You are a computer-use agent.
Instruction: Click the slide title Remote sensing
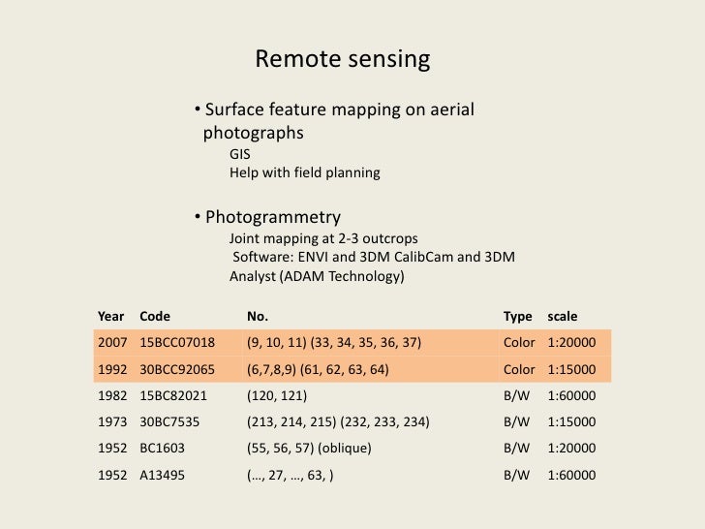click(x=342, y=60)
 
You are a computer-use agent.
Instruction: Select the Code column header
click(x=155, y=316)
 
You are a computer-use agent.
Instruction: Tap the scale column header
click(x=562, y=316)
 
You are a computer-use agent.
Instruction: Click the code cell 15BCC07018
click(x=177, y=342)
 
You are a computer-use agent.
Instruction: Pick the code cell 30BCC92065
click(x=177, y=369)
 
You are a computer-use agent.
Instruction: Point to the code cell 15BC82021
click(x=174, y=395)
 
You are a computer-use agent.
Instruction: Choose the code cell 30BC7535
click(x=169, y=422)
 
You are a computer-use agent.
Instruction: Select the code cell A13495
click(x=162, y=475)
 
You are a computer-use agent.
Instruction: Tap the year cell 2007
click(x=112, y=342)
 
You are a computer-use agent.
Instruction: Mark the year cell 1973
click(x=112, y=422)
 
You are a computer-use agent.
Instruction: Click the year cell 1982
click(x=112, y=395)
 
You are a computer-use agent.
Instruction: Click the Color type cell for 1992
click(x=519, y=369)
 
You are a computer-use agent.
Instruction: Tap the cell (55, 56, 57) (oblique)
click(x=309, y=449)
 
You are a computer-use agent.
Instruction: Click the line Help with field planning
click(x=304, y=172)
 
